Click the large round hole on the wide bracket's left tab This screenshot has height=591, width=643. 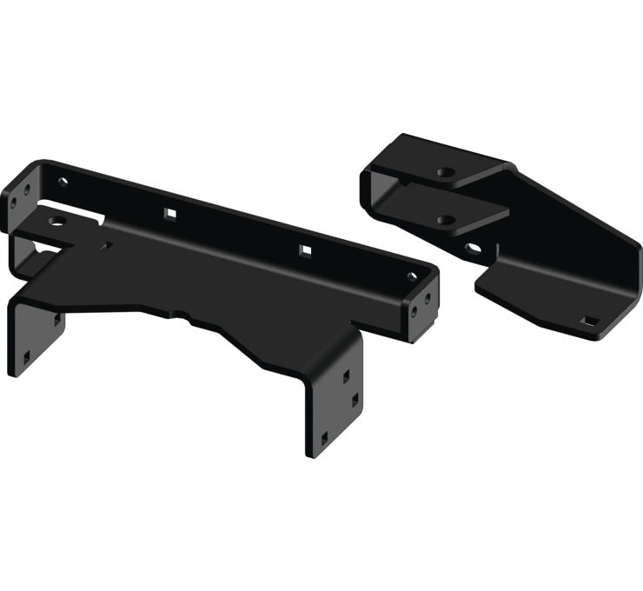pyautogui.click(x=58, y=222)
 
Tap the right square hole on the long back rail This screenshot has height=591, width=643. pyautogui.click(x=305, y=250)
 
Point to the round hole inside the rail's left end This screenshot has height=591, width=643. pyautogui.click(x=63, y=183)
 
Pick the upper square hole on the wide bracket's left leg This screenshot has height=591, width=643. pyautogui.click(x=57, y=322)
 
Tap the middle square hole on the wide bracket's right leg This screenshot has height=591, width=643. pyautogui.click(x=355, y=399)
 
